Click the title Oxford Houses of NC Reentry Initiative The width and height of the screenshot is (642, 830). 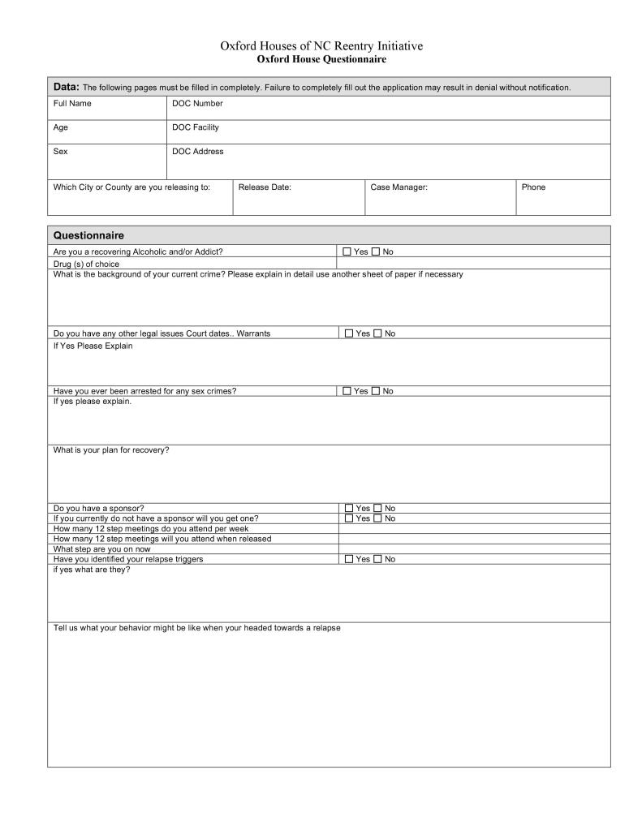coord(321,46)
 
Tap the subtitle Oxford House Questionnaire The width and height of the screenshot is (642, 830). coord(321,59)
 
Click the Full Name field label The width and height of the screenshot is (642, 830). coord(72,104)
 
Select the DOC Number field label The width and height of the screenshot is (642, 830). coord(197,104)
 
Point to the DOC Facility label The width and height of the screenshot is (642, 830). coord(196,127)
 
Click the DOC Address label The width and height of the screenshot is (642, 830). coord(197,152)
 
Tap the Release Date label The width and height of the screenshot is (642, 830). coord(265,187)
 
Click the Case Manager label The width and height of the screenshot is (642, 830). coord(399,187)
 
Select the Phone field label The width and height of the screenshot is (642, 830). coord(533,187)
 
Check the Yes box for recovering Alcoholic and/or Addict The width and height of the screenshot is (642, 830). coord(347,252)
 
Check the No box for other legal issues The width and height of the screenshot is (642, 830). coord(377,333)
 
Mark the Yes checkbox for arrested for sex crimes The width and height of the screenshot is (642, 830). coord(347,391)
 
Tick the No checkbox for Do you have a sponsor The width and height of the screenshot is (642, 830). coord(377,509)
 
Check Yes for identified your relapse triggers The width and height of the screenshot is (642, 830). coord(349,559)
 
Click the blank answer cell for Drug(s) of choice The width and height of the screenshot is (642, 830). coord(473,264)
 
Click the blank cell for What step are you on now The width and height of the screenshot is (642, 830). coord(474,549)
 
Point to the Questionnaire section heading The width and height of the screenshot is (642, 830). coord(88,235)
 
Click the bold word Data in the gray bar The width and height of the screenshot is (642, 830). coord(66,87)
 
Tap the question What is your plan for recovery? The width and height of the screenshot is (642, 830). coord(111,450)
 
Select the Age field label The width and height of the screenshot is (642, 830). coord(61,127)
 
